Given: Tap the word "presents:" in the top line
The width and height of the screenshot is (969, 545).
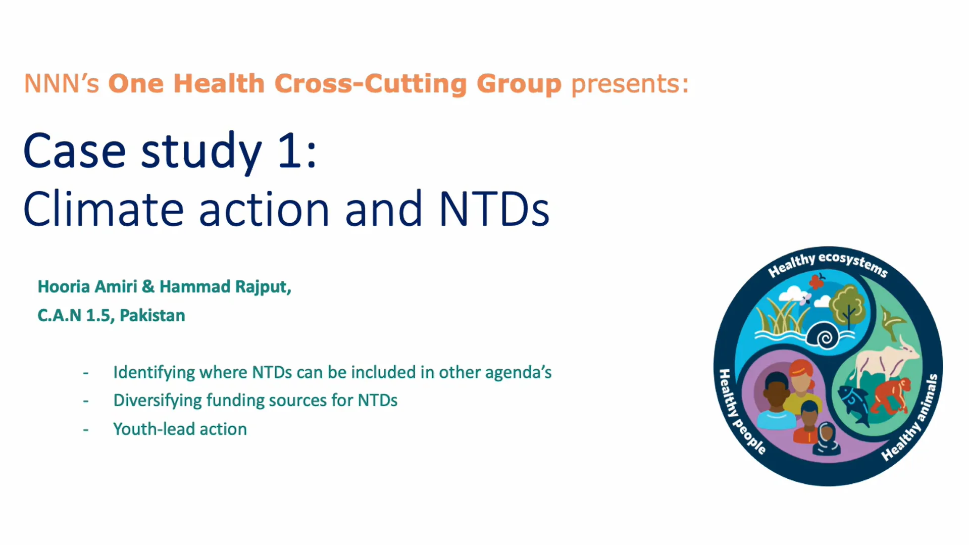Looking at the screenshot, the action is [630, 84].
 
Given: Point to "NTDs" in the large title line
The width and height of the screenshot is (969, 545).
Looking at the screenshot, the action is [494, 209].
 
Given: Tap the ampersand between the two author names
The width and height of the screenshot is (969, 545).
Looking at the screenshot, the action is [148, 286].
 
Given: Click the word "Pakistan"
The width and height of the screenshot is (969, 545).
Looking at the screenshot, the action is [152, 315].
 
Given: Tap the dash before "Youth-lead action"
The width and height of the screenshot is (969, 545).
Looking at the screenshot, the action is [86, 430].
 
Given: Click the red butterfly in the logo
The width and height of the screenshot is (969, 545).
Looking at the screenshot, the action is [817, 280].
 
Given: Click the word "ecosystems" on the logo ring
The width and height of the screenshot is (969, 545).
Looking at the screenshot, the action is [853, 263].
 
